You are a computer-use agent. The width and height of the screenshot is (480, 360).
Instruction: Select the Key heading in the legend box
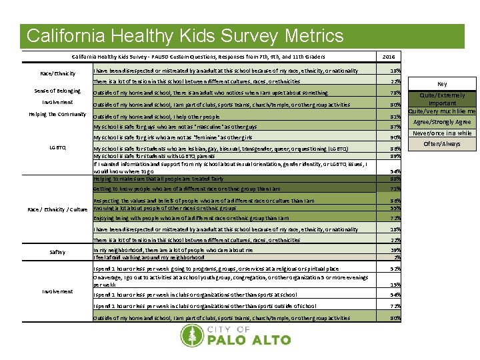(442, 84)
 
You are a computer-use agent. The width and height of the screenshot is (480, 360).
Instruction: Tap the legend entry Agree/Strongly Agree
(442, 122)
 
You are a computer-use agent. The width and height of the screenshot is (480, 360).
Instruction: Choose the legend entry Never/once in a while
(442, 133)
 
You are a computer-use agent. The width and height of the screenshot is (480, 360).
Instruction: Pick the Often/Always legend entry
(442, 144)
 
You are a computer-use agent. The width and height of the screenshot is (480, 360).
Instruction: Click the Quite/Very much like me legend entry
(442, 111)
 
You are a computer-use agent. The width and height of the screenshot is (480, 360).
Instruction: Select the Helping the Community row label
(57, 115)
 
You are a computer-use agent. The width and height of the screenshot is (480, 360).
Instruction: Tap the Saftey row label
(57, 253)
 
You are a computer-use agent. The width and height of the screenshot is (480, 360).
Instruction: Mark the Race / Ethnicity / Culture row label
(57, 209)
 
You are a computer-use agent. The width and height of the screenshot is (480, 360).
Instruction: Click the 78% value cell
(395, 93)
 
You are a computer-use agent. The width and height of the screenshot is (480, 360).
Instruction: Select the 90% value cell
(395, 138)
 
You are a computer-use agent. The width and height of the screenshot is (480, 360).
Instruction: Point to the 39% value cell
(395, 250)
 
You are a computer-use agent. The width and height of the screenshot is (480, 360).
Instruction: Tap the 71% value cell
(395, 189)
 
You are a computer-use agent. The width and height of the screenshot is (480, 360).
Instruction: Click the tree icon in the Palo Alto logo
(191, 336)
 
